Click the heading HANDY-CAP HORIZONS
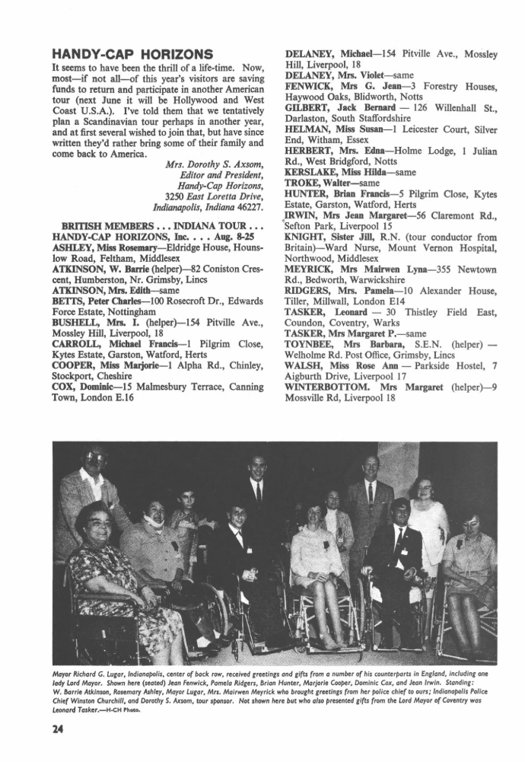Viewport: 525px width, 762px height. click(131, 54)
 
